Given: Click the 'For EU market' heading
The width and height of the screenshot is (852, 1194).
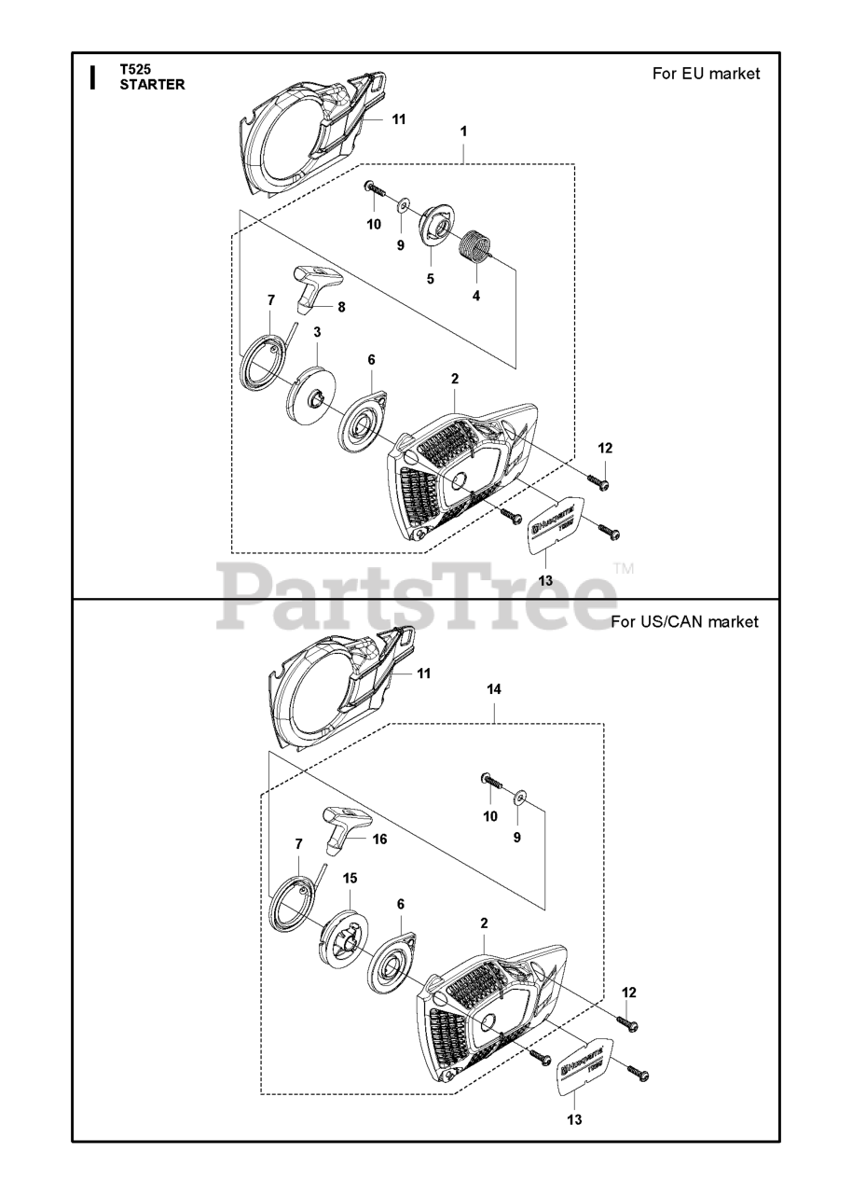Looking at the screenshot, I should click(x=706, y=74).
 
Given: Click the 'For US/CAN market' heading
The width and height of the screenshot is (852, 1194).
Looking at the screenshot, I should click(x=684, y=622).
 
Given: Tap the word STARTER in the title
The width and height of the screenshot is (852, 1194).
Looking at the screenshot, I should click(x=152, y=85).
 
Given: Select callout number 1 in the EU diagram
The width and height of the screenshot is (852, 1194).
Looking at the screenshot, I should click(x=463, y=132).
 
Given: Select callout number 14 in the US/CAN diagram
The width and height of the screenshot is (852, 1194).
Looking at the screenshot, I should click(x=494, y=689).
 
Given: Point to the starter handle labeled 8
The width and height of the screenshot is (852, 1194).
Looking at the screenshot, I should click(x=310, y=284).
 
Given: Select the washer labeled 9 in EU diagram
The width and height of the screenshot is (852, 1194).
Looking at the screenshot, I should click(x=403, y=205).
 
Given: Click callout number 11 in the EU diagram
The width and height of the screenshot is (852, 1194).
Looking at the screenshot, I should click(x=399, y=119).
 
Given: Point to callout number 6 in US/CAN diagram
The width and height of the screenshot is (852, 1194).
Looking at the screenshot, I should click(x=400, y=904).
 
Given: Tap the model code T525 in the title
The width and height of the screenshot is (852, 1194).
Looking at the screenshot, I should click(x=135, y=69).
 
